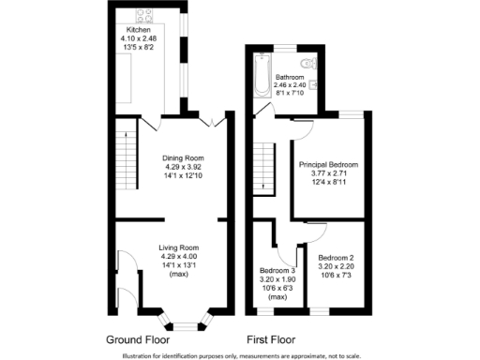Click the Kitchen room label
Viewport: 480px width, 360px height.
point(139,30)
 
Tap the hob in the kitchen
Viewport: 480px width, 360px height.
point(147,15)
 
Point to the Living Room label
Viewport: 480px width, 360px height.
point(176,247)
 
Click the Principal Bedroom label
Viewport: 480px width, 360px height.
point(328,165)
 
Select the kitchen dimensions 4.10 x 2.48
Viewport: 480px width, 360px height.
point(139,38)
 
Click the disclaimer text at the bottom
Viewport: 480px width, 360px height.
point(240,355)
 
